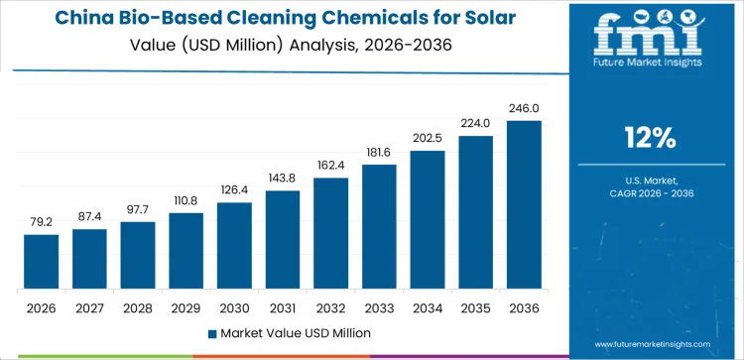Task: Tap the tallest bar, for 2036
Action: point(524,205)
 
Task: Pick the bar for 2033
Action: point(379,227)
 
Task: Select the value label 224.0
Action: point(475,124)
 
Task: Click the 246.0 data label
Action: point(524,109)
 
